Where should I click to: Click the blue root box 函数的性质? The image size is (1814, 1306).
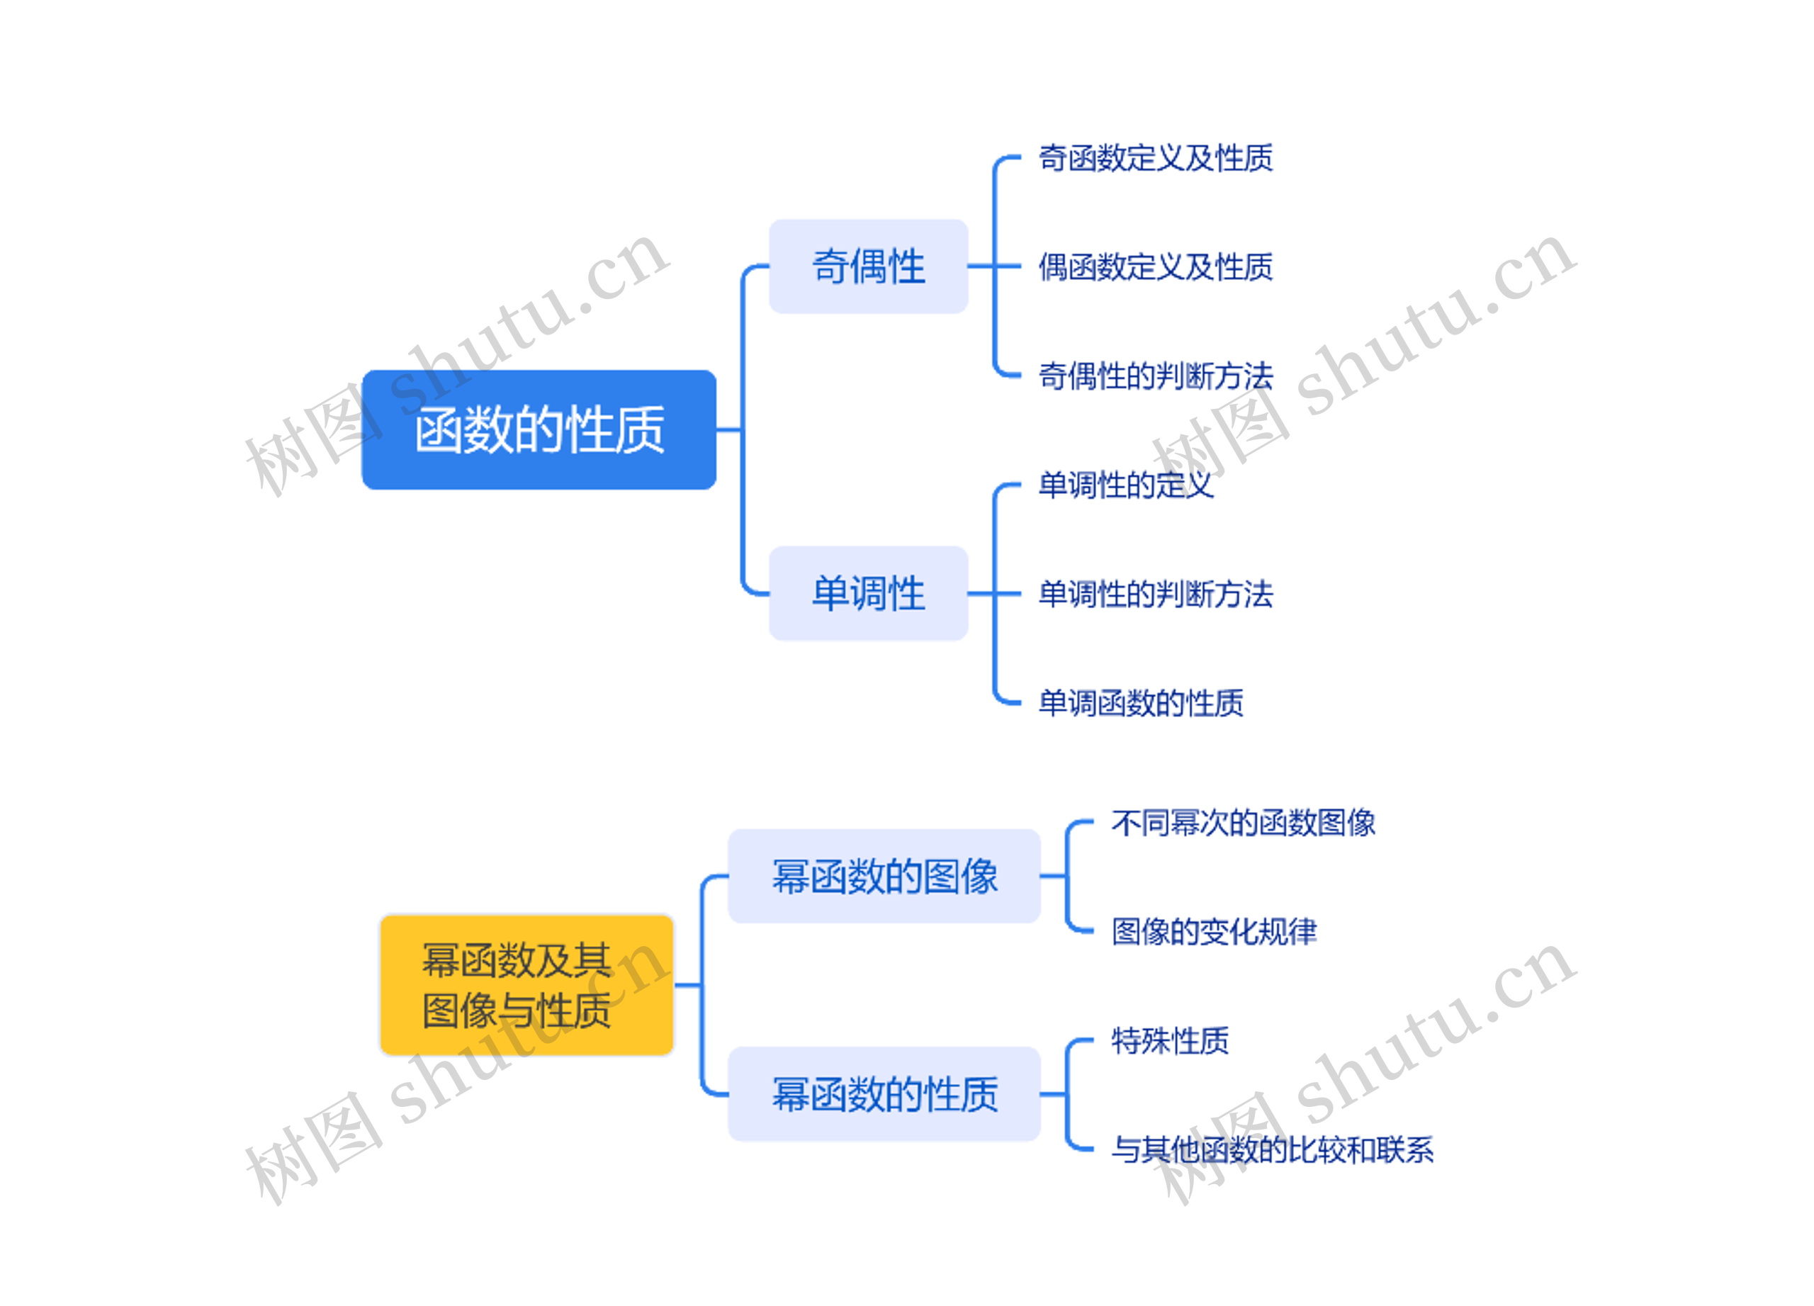tap(539, 429)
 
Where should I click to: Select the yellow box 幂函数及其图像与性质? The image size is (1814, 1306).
tap(526, 984)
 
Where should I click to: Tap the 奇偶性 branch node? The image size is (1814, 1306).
tap(868, 266)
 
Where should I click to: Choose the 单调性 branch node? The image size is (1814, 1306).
tap(868, 593)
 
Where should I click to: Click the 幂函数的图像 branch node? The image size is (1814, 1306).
tap(884, 876)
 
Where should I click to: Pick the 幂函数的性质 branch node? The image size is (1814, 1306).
tap(884, 1094)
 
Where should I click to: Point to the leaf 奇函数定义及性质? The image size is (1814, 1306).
tap(1155, 158)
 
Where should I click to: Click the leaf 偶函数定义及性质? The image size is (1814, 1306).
tap(1155, 267)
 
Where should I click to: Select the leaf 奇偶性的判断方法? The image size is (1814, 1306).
tap(1155, 376)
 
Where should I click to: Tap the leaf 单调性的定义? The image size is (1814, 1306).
tap(1125, 485)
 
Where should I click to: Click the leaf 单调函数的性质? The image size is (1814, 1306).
tap(1141, 703)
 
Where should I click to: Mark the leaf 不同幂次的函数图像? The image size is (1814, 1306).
tap(1243, 822)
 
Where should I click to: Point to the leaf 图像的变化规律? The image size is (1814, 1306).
tap(1213, 931)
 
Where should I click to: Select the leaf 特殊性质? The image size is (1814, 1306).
tap(1169, 1040)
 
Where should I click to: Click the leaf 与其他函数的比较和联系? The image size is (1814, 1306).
tap(1272, 1149)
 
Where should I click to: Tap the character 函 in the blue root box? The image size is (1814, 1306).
tap(439, 430)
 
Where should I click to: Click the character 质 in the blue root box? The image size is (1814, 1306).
tap(640, 430)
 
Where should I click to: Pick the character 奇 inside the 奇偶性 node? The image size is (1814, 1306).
tap(830, 266)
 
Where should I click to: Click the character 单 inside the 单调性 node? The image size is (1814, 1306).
tap(830, 593)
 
